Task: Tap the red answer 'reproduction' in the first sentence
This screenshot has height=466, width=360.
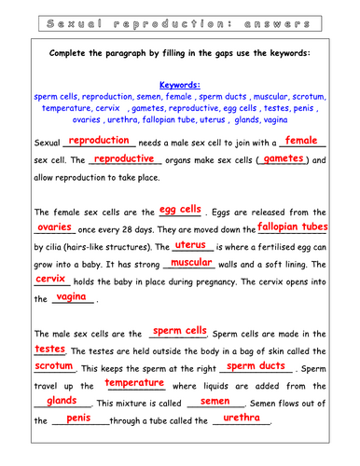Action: [x=99, y=140]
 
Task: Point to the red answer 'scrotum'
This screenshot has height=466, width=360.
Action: [x=53, y=366]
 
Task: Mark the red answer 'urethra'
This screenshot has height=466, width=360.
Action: [x=242, y=418]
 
